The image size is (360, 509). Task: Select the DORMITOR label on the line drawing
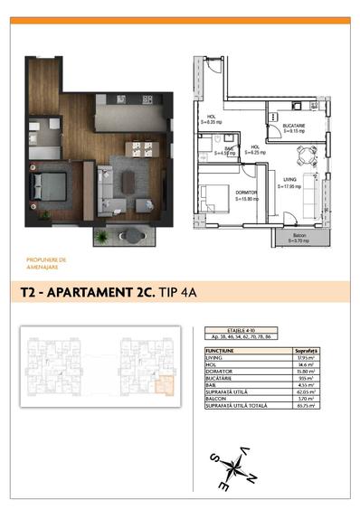tap(219, 193)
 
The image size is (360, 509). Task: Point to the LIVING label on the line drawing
tap(289, 181)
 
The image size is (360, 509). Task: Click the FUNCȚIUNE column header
tap(222, 350)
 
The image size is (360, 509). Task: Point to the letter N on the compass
tap(252, 478)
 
